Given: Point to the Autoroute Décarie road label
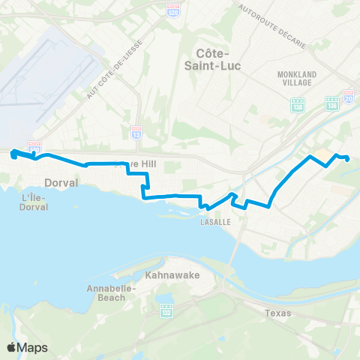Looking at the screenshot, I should pyautogui.click(x=271, y=28).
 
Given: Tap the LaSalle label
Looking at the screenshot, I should pyautogui.click(x=214, y=222).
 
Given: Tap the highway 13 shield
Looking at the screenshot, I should pyautogui.click(x=136, y=130).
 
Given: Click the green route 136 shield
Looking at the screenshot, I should pyautogui.click(x=331, y=105).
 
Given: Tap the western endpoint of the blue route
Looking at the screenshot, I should pyautogui.click(x=13, y=154).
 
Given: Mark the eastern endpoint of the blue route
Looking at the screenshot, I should pyautogui.click(x=347, y=158).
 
